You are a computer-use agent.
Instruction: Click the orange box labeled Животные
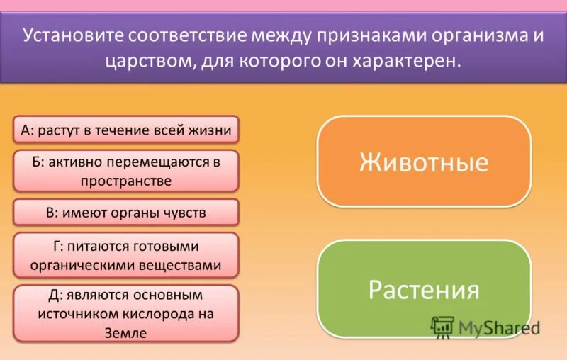(x=424, y=162)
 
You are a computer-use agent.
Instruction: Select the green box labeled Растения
(x=424, y=288)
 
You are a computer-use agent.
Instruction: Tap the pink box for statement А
(x=126, y=130)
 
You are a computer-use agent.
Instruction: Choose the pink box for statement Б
(x=126, y=171)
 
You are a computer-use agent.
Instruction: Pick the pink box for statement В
(x=126, y=212)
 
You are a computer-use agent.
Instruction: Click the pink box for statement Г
(x=126, y=256)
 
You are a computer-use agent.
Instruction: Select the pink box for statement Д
(x=126, y=313)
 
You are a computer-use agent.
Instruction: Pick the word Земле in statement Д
(x=128, y=333)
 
